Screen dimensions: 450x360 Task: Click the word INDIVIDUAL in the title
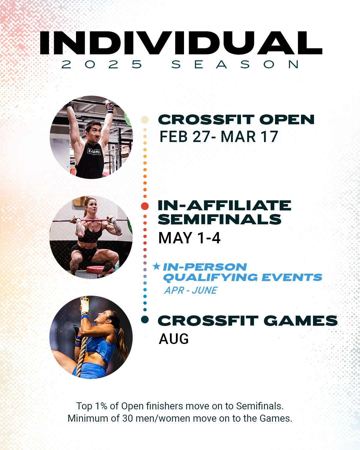point(181,43)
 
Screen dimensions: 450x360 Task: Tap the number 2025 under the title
point(102,64)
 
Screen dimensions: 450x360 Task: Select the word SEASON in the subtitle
point(235,64)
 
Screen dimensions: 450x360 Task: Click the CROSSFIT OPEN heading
point(236,120)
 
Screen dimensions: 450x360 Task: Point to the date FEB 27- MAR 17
point(218,137)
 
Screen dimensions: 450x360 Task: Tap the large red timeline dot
point(145,206)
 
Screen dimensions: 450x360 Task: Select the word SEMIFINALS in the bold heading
point(220,220)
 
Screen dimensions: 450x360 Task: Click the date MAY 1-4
point(189,238)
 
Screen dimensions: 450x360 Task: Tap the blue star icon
point(156,266)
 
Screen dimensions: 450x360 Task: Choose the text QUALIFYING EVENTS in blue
point(242,277)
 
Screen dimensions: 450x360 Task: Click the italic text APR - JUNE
point(191,290)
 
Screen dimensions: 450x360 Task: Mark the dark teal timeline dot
point(145,320)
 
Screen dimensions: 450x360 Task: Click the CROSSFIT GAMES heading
point(247,321)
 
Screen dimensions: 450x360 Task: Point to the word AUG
point(174,339)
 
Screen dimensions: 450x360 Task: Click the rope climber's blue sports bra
point(100,347)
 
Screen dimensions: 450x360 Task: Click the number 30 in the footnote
point(128,418)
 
